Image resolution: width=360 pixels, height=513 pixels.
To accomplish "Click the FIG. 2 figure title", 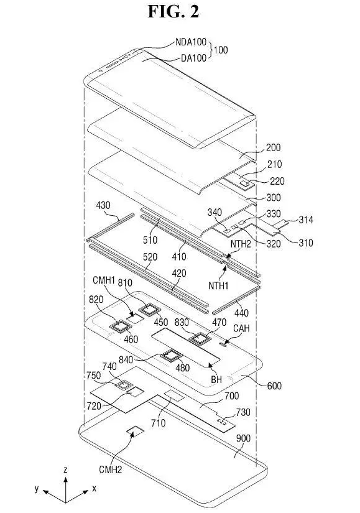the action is point(173,11).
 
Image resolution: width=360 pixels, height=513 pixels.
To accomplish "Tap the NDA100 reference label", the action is point(191,42).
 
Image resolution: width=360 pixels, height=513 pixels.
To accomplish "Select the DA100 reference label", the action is point(194,58).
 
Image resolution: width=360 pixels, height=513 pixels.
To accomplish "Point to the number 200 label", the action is point(274,147).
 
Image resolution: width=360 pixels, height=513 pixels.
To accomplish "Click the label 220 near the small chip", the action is point(277,181).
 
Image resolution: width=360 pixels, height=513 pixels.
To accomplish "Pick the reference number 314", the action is point(306,220).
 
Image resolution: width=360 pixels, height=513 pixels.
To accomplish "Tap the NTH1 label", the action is point(218,285).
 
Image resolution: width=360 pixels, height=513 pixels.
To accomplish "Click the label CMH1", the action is point(104,280).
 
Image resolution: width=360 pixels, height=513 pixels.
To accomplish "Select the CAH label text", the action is point(241,328).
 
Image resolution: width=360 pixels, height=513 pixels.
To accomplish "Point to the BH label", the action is point(216,379).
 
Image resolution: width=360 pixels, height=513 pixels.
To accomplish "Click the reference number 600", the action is point(274,386).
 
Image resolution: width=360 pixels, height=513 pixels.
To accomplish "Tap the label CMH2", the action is point(110,470).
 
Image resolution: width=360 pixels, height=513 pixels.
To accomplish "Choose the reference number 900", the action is point(243,438).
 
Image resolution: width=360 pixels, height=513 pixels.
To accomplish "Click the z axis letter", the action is point(65,470).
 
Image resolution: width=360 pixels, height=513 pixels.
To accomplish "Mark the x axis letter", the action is point(95,489).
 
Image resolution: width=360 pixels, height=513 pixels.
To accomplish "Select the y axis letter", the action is point(37,489).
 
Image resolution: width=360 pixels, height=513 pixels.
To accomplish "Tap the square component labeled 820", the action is point(120,326).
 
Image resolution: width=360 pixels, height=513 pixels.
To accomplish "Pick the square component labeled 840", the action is point(170,356).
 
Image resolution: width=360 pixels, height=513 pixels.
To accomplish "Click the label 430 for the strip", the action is point(103,205).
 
